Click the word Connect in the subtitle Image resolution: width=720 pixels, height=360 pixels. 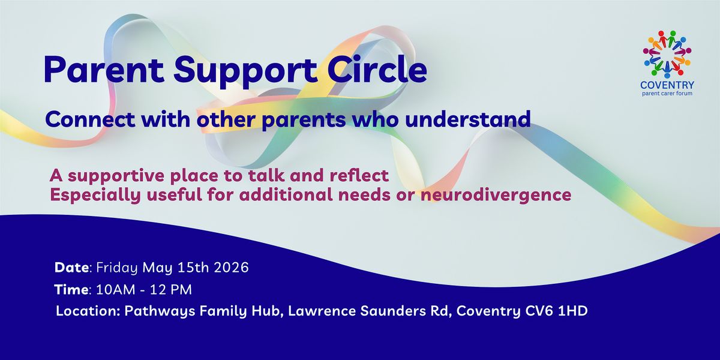pos(91,119)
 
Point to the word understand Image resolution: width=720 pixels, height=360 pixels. pos(467,119)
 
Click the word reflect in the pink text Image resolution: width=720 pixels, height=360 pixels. pos(359,175)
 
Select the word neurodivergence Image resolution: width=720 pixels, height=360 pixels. pos(496,195)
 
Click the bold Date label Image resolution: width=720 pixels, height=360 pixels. pos(71,268)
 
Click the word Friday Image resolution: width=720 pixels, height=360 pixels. pos(117,268)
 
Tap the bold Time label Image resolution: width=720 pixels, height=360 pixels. pos(71,290)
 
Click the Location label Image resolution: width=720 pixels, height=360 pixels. pos(88,311)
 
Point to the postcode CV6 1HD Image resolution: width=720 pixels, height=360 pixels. pos(556,311)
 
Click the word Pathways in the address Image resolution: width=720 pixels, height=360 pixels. pos(160,312)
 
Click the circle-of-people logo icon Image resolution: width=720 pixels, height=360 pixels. pos(667,55)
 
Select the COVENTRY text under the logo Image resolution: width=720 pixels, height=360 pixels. pos(667,85)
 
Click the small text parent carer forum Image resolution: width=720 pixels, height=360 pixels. pos(667,94)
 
